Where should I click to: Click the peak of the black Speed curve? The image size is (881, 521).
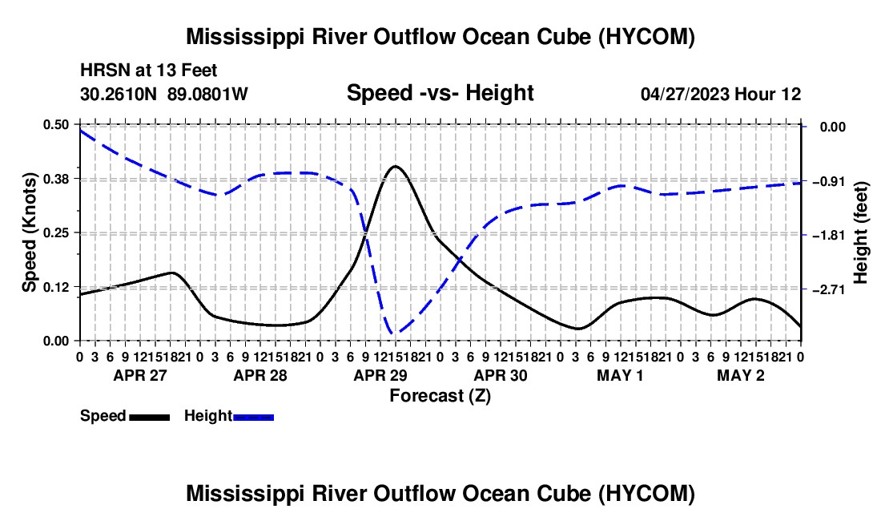click(x=396, y=167)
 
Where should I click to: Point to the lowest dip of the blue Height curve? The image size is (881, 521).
click(x=393, y=334)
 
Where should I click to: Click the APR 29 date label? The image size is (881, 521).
click(x=380, y=375)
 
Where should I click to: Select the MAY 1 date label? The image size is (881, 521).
click(x=620, y=375)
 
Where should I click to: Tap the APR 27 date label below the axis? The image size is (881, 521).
click(x=140, y=375)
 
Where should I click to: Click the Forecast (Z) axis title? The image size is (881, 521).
click(x=440, y=396)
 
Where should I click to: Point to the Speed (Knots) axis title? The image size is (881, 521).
click(x=29, y=232)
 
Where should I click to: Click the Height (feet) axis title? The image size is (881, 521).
click(x=861, y=232)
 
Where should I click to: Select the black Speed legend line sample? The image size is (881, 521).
click(x=150, y=418)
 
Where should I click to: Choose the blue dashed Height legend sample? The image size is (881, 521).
click(x=253, y=418)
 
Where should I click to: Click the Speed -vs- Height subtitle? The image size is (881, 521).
click(x=440, y=93)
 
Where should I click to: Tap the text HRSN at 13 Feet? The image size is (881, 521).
click(x=148, y=71)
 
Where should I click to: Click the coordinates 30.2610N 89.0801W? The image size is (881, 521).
click(x=163, y=94)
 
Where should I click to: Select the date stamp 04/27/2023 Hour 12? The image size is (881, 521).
click(x=721, y=94)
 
